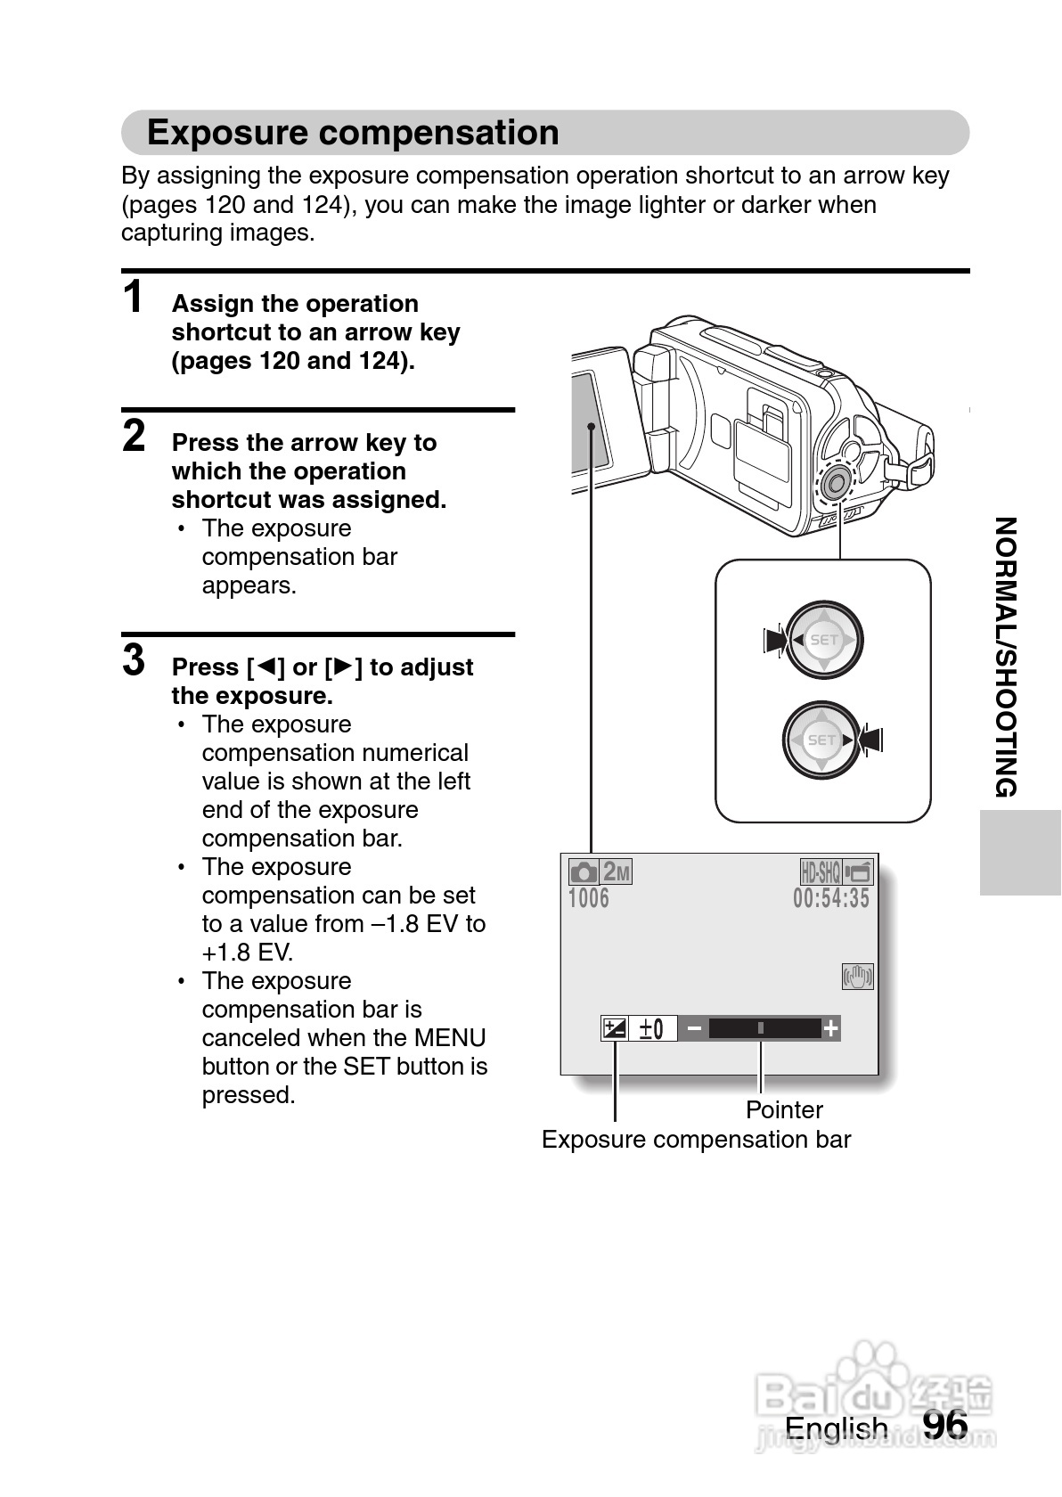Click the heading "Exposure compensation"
coord(353,133)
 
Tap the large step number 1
coord(134,298)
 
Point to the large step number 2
coord(134,436)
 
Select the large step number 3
coord(134,660)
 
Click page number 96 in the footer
coord(944,1424)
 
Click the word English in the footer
coord(836,1427)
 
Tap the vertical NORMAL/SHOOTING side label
coord(1005,657)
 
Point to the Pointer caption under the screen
coord(784,1109)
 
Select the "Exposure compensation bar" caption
coord(696,1140)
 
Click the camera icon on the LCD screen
coord(584,871)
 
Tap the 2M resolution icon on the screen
coord(616,871)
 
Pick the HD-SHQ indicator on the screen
coord(821,871)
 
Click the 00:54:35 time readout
coord(830,898)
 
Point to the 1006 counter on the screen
coord(589,898)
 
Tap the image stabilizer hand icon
coord(857,977)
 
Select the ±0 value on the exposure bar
coord(652,1029)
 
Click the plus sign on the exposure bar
coord(830,1029)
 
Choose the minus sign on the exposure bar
coord(694,1029)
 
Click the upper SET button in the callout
coord(824,640)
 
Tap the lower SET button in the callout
coord(821,740)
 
